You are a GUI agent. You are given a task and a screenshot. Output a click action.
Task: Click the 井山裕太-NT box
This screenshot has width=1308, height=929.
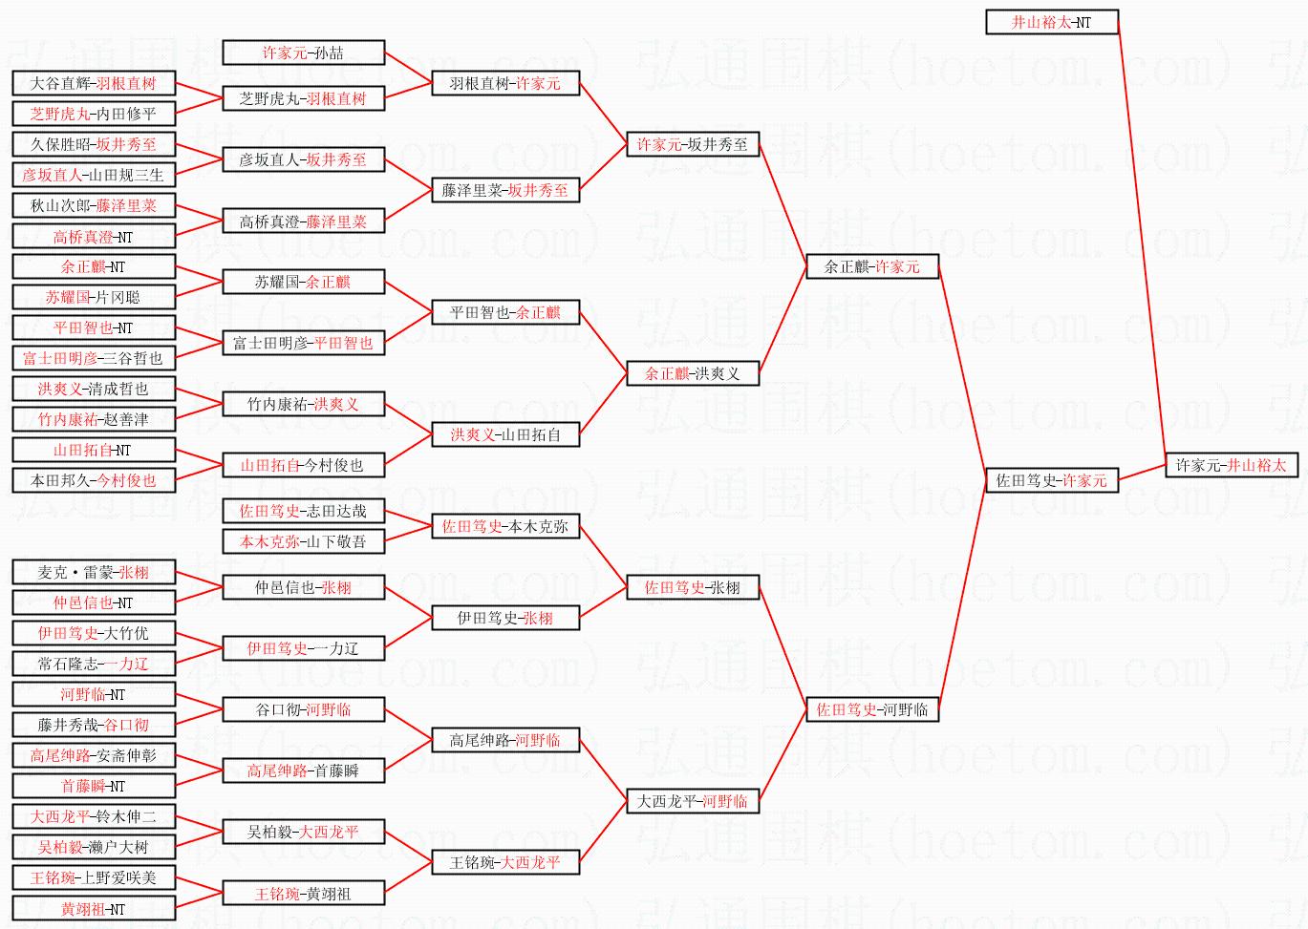click(x=1051, y=22)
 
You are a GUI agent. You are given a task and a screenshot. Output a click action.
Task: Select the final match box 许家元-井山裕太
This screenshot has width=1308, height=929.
click(x=1231, y=466)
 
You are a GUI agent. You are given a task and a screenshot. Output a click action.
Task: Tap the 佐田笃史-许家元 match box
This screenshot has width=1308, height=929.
click(x=1051, y=480)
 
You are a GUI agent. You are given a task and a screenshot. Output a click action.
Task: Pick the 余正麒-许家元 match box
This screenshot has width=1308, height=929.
click(x=871, y=267)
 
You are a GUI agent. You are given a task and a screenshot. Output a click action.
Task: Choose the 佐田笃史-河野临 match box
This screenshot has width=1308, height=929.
click(x=871, y=709)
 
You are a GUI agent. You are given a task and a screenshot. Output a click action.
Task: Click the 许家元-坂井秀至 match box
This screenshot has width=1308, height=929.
click(x=692, y=145)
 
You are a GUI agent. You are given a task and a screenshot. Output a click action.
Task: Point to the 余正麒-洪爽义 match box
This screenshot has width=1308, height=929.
click(x=692, y=373)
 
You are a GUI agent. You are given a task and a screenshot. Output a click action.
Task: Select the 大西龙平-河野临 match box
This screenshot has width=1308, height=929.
click(x=692, y=801)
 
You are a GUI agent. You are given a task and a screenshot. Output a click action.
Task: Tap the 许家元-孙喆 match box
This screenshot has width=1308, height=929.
click(x=303, y=53)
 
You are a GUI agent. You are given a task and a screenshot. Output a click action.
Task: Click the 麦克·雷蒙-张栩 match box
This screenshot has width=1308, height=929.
click(x=94, y=573)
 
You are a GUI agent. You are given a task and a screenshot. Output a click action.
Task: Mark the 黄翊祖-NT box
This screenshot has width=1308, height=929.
click(x=94, y=909)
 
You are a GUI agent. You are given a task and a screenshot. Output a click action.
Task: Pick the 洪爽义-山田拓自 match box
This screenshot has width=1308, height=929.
click(x=505, y=435)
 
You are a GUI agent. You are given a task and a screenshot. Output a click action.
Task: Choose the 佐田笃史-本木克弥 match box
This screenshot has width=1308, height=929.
click(x=505, y=526)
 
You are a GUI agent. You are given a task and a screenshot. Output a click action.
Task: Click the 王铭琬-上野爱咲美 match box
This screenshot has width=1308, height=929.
click(x=94, y=877)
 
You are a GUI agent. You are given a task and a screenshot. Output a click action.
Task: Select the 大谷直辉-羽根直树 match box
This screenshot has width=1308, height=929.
click(x=94, y=84)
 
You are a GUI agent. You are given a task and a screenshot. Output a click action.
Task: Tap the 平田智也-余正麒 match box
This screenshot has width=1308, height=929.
click(x=505, y=312)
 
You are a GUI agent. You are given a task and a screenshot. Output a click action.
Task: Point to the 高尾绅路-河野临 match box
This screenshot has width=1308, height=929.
click(x=505, y=740)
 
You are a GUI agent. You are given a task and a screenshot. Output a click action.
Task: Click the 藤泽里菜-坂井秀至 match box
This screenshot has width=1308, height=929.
click(x=505, y=191)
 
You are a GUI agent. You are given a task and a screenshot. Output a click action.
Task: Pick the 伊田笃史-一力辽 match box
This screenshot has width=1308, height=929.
click(x=303, y=648)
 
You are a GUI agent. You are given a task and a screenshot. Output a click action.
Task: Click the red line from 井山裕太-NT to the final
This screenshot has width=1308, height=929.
click(x=1142, y=243)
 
